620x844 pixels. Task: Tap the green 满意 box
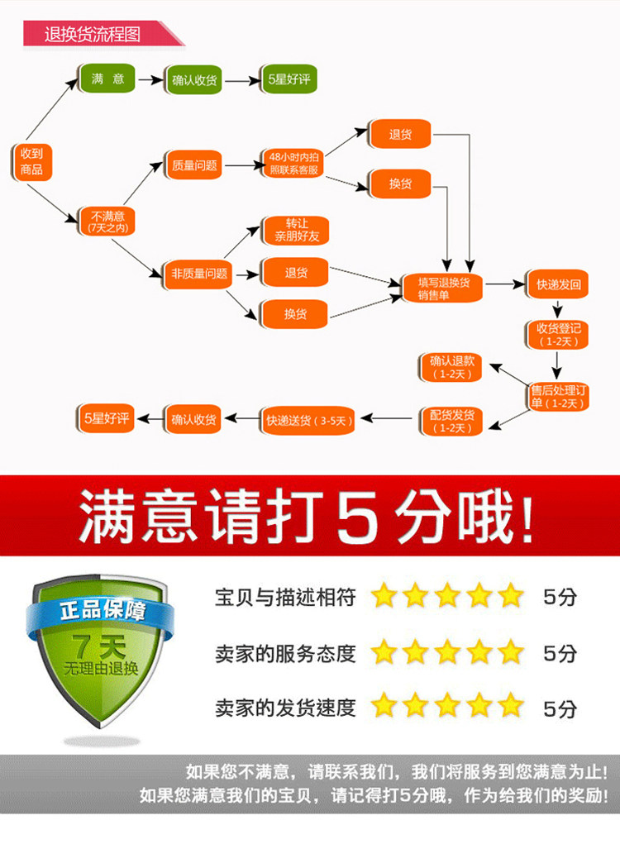107,79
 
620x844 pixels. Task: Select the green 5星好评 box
287,80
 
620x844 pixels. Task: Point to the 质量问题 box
194,165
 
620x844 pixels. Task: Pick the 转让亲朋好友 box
295,231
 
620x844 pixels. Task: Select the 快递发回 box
558,285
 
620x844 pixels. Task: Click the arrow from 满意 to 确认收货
150,80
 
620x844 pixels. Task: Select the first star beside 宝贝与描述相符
384,596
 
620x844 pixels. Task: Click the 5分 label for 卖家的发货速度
560,708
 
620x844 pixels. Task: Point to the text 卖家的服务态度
285,653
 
